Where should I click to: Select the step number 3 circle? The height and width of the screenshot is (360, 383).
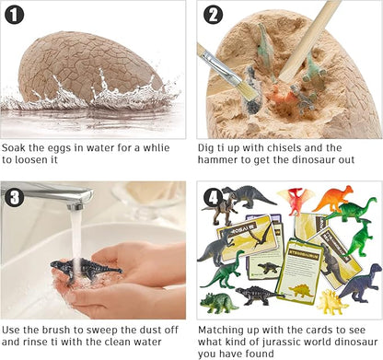tap(15, 196)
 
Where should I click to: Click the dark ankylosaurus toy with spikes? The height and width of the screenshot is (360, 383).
tap(257, 296)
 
